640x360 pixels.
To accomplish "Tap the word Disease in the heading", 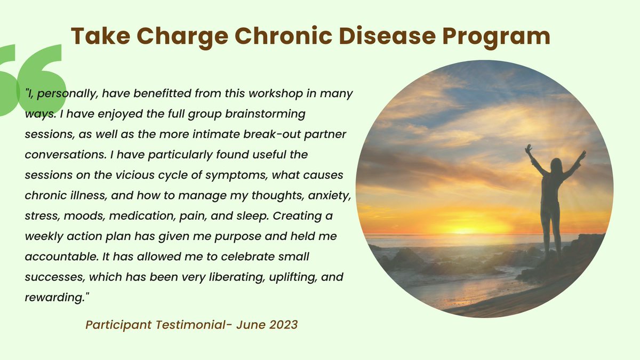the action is pyautogui.click(x=387, y=36).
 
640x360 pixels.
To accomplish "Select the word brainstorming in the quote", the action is pyautogui.click(x=265, y=114).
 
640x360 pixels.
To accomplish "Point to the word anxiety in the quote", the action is pyautogui.click(x=330, y=196).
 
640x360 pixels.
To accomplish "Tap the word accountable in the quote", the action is pyautogui.click(x=62, y=257).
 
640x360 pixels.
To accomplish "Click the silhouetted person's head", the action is pyautogui.click(x=555, y=165).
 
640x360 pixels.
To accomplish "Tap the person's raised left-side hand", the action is pyautogui.click(x=529, y=149).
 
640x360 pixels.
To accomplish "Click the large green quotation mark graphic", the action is pyautogui.click(x=31, y=80).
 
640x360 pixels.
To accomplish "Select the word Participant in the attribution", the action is pyautogui.click(x=118, y=325).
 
